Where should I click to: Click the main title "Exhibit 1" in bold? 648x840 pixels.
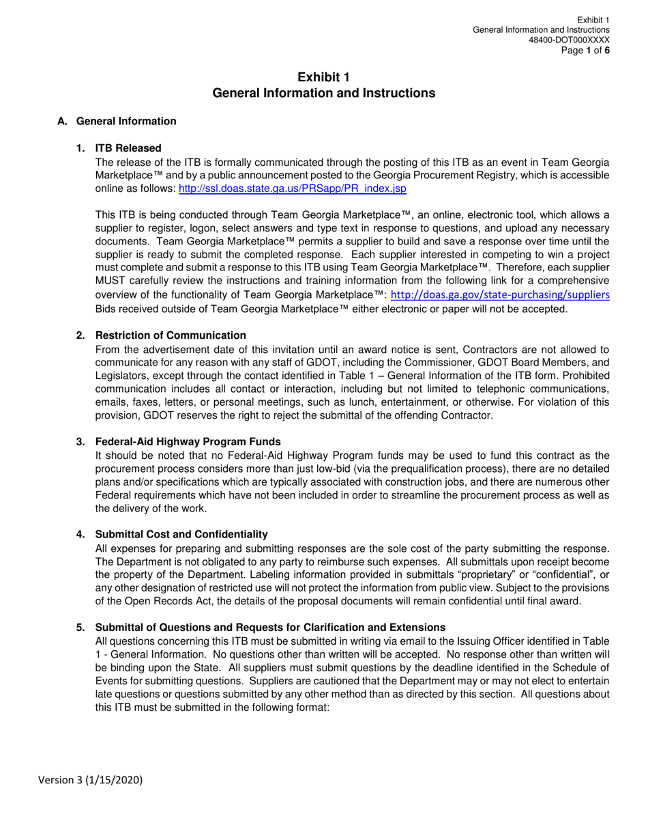click(324, 77)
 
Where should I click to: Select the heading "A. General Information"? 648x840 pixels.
click(117, 121)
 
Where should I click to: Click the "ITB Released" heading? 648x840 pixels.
click(128, 148)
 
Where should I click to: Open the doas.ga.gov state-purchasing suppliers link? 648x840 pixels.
click(500, 294)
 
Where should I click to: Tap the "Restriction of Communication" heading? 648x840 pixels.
click(171, 335)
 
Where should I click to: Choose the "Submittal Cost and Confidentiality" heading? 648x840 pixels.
click(181, 534)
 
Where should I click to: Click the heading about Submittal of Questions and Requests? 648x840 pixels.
click(270, 627)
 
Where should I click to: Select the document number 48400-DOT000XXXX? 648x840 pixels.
click(570, 40)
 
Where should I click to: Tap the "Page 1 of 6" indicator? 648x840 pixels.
click(585, 49)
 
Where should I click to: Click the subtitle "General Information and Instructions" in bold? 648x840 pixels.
click(324, 93)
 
